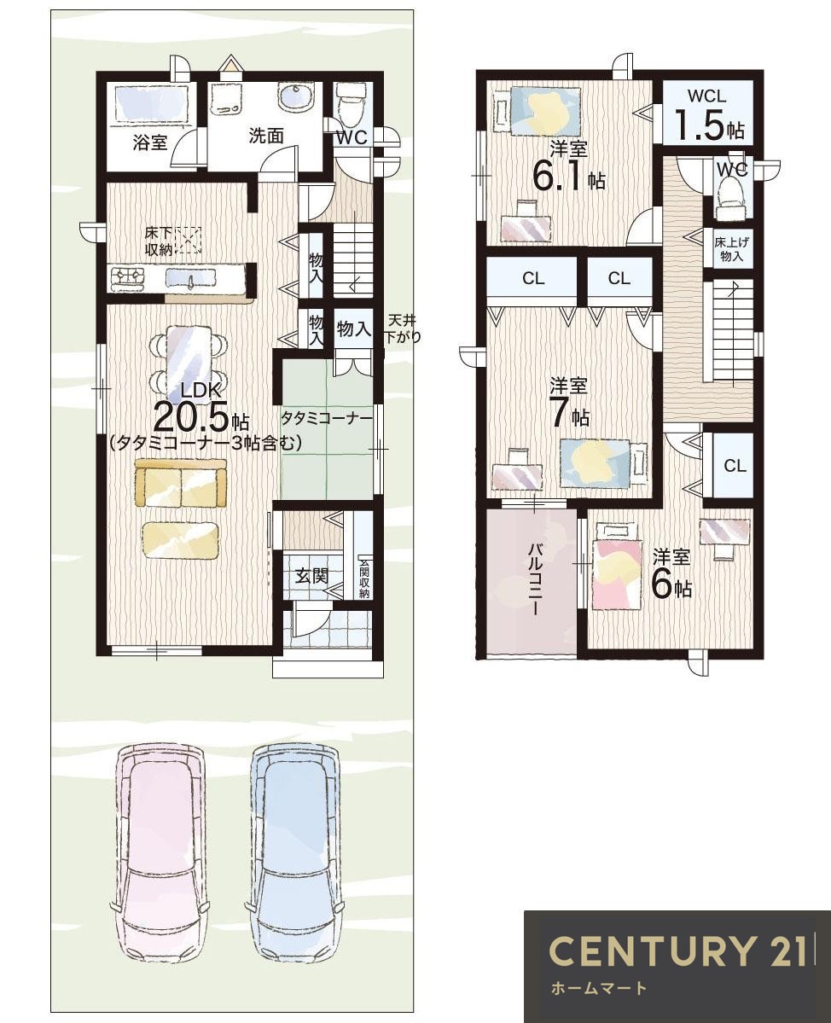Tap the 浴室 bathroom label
150,142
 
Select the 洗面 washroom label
266,136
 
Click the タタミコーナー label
327,416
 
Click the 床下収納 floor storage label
159,241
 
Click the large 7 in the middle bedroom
561,413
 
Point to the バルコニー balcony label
534,579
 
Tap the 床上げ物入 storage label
731,248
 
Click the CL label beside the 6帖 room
735,466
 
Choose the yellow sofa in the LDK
181,483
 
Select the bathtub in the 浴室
152,102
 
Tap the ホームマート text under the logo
598,988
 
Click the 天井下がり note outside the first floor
401,328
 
